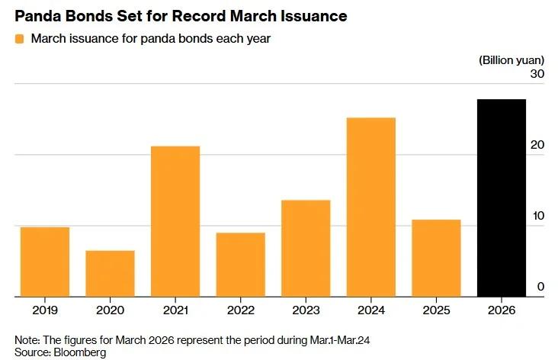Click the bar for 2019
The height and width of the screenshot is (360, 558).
[x=44, y=262]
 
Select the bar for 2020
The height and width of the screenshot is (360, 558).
[x=110, y=273]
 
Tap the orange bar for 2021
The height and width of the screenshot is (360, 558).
[x=175, y=221]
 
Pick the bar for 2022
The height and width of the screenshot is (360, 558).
[x=240, y=264]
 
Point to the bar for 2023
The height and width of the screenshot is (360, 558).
[x=306, y=248]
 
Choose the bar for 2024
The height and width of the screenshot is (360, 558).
[x=370, y=207]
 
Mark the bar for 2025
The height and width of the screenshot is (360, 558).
[x=436, y=258]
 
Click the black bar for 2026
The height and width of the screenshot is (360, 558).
[x=502, y=198]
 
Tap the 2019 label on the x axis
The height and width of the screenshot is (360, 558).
[x=44, y=310]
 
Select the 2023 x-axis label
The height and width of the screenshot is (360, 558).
[x=306, y=310]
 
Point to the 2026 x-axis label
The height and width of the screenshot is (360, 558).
[x=502, y=310]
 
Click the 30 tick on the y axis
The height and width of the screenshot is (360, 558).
[x=537, y=74]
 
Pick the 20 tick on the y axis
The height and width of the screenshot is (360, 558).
[x=537, y=145]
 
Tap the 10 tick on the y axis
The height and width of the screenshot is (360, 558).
[x=537, y=216]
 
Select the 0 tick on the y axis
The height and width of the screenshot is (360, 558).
[x=540, y=287]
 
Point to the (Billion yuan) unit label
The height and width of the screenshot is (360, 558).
[x=511, y=59]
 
